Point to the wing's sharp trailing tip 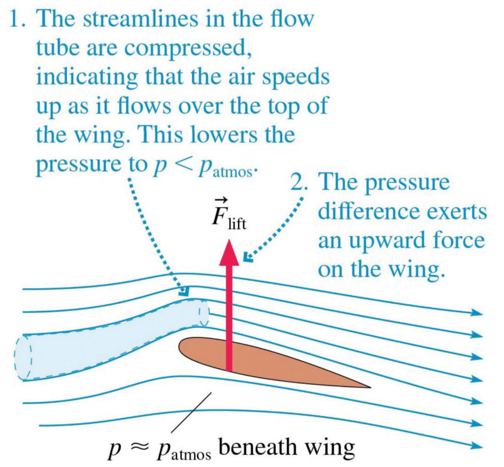pyautogui.click(x=369, y=387)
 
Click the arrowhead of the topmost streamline pyautogui.click(x=476, y=313)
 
